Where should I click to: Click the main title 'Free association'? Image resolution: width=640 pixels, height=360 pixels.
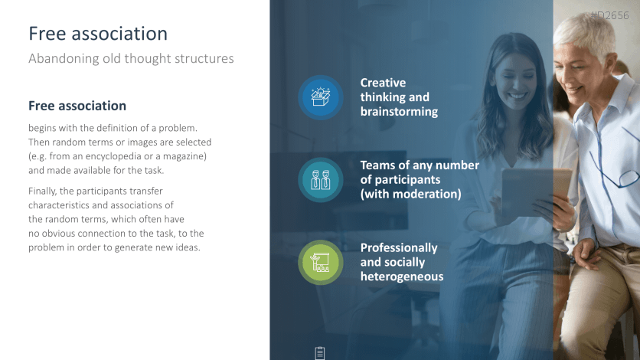(x=98, y=34)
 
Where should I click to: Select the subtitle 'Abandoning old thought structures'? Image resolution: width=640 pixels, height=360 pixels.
(x=131, y=58)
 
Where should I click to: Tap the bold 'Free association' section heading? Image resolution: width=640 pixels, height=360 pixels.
(x=77, y=106)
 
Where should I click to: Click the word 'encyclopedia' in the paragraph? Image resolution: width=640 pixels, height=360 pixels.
(x=110, y=156)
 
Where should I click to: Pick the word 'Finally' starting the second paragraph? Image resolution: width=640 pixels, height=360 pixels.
(x=42, y=191)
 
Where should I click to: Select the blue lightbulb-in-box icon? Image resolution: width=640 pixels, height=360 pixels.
(x=321, y=97)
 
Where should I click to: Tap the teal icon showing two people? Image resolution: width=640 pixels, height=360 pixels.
(x=321, y=179)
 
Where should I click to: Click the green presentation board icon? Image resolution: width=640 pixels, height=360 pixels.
(x=321, y=263)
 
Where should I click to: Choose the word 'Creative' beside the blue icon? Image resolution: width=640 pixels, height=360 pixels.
(x=383, y=83)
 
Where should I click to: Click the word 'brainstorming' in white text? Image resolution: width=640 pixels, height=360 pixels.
(x=399, y=111)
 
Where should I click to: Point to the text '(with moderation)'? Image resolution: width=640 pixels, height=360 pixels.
(x=410, y=194)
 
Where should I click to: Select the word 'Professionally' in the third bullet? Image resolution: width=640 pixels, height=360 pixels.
(x=399, y=247)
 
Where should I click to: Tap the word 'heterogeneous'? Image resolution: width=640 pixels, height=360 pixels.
(x=402, y=277)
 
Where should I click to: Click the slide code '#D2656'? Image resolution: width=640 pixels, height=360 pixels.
(x=610, y=15)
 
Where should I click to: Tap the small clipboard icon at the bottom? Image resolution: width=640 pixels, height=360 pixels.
(x=320, y=353)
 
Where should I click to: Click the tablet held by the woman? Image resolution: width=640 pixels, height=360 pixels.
(x=534, y=191)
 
